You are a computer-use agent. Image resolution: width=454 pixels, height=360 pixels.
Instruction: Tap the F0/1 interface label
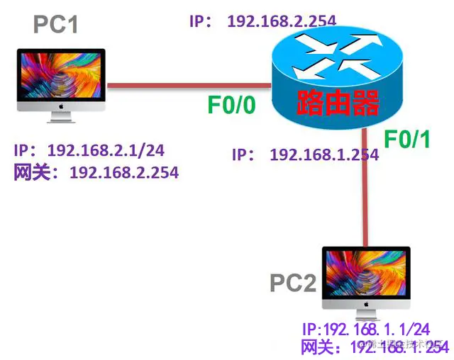(407, 140)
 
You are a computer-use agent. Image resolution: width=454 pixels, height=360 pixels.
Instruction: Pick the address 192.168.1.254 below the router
(323, 154)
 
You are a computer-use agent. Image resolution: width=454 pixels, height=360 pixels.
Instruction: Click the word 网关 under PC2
(317, 347)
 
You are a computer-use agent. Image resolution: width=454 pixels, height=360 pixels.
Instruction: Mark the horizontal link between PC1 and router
(189, 86)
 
